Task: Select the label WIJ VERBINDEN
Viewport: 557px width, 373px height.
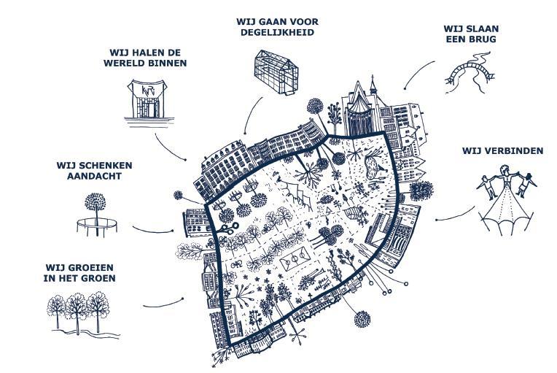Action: tap(502, 151)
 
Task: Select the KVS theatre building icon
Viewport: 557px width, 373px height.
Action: tap(146, 98)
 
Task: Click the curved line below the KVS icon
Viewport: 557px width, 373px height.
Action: tap(171, 149)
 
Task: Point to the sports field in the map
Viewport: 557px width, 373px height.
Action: tap(294, 260)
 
